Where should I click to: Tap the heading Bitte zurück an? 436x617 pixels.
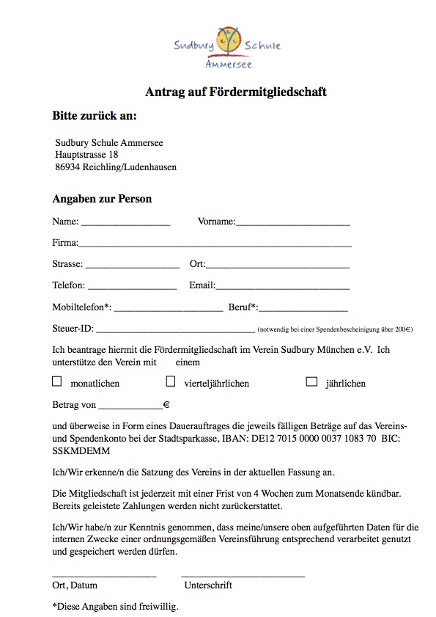point(95,116)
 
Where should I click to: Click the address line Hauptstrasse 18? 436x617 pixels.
point(86,155)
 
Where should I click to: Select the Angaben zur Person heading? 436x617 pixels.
point(102,199)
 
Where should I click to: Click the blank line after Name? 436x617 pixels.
point(125,222)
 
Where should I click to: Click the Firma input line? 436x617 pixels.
point(215,244)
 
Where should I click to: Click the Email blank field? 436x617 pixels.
point(282,286)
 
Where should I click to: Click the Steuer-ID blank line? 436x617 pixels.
point(175,330)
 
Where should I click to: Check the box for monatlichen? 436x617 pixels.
point(57,381)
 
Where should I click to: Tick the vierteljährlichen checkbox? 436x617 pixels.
point(171,381)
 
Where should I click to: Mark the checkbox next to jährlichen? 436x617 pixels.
point(311,381)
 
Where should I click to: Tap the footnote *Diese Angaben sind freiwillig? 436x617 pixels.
point(115,607)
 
